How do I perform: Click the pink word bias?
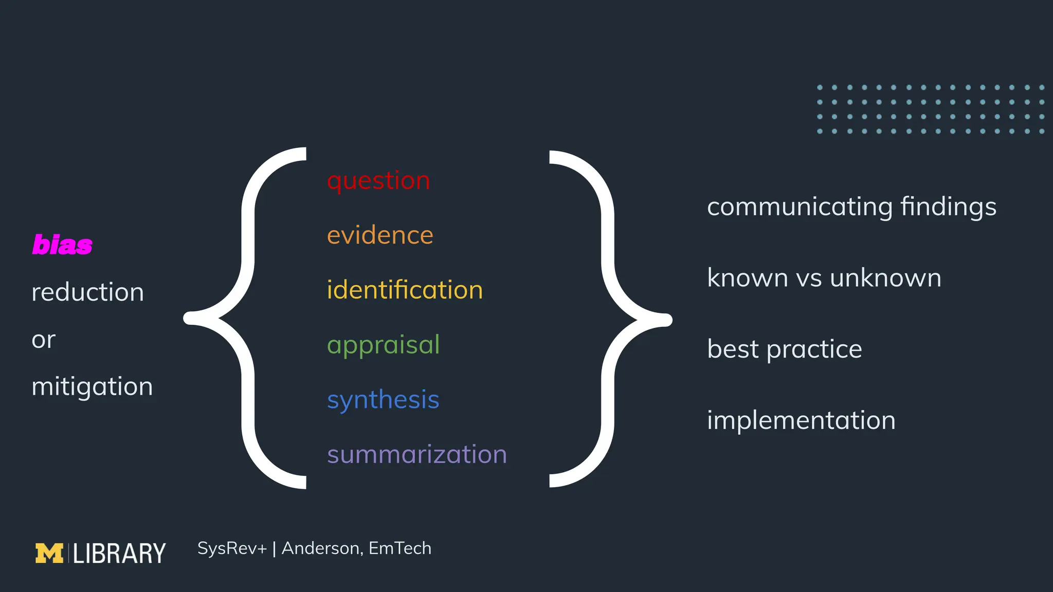(62, 245)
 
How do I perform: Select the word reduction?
(87, 292)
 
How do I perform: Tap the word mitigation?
(92, 386)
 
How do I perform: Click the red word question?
(378, 181)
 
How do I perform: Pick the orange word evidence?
(380, 235)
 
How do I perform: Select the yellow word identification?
(405, 290)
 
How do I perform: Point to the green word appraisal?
(383, 345)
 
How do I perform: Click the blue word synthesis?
(383, 400)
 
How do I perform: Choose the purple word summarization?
(416, 454)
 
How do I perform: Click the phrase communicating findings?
(851, 207)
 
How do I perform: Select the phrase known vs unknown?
(824, 278)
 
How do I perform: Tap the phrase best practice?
(784, 349)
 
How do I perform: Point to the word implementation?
(801, 420)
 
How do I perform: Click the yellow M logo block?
(49, 553)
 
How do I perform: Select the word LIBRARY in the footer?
(119, 553)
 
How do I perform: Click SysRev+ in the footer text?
(232, 548)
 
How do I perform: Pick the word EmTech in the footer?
(400, 548)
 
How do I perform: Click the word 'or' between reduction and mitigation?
(43, 340)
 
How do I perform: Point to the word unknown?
(885, 278)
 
